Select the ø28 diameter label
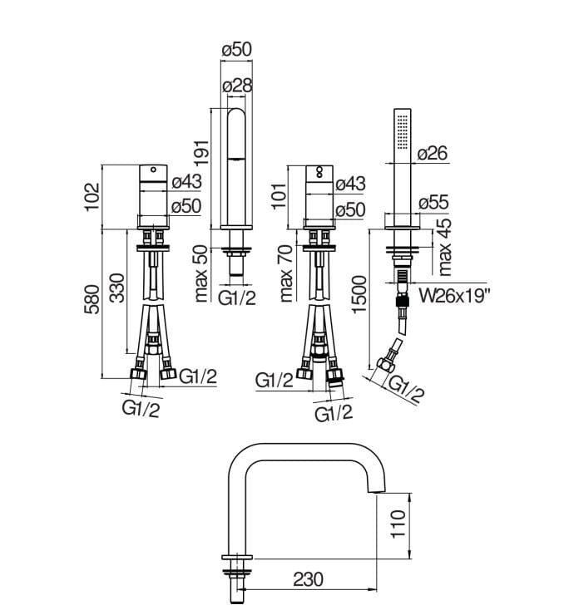pos(236,85)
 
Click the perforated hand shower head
pos(403,131)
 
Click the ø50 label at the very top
pos(236,51)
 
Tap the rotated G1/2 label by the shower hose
pos(406,388)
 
